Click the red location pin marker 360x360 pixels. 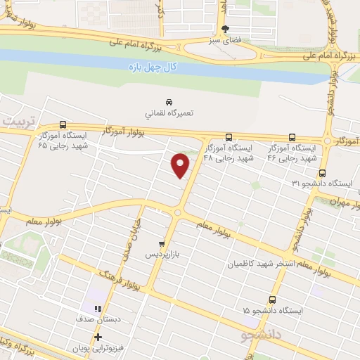[181, 165]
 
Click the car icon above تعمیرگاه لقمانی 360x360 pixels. [169, 101]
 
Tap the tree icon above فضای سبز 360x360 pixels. [225, 29]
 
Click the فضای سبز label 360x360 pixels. [225, 40]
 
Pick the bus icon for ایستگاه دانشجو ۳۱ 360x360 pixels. [322, 172]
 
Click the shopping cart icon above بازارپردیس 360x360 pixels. [162, 243]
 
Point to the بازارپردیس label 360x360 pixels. [162, 254]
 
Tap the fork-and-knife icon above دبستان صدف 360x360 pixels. [98, 308]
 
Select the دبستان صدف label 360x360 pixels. [96, 319]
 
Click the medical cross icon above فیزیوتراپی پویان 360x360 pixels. [98, 337]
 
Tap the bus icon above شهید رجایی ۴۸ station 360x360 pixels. [229, 137]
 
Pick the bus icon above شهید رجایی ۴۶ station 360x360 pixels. [292, 137]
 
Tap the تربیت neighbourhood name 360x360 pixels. [17, 121]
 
